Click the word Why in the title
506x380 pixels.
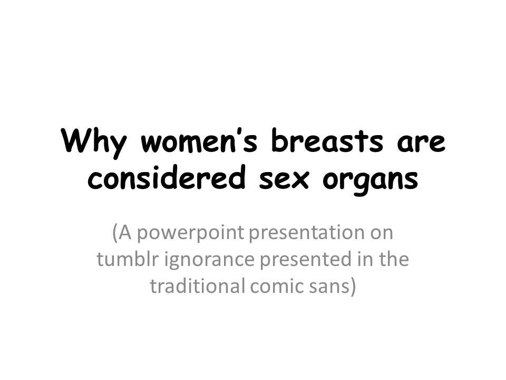94,142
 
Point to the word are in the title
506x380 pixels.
421,144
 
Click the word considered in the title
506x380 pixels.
166,177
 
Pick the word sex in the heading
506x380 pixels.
284,180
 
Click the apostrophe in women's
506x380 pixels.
239,132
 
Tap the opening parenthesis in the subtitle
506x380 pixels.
115,232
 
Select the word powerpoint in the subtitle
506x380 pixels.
191,233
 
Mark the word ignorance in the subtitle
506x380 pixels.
210,261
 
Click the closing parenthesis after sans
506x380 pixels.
353,287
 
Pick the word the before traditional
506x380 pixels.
394,259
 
